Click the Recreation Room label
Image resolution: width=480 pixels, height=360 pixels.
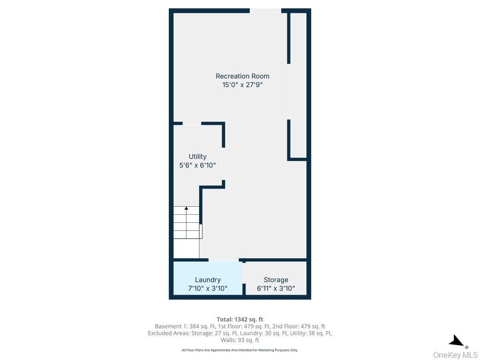242,76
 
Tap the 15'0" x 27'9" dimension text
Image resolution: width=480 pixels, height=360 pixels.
242,85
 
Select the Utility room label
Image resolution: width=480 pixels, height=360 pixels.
197,157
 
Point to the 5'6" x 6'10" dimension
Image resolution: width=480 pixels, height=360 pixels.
197,165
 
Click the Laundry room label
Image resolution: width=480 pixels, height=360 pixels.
208,280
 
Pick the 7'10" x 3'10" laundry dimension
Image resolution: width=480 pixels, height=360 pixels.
208,288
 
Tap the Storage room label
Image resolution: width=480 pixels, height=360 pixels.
276,280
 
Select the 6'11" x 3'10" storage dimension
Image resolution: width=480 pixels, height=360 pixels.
276,288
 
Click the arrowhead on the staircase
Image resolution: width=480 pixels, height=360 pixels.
186,209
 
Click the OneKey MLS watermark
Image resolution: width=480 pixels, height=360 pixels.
455,355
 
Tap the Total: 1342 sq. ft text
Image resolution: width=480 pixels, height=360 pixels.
240,320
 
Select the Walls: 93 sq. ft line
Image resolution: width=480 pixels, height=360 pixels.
240,340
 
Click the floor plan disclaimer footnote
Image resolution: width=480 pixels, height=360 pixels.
240,350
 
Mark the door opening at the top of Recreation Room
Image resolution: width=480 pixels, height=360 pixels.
265,11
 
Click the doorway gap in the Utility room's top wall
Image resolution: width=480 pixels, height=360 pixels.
192,123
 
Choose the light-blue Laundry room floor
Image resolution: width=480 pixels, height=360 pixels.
208,278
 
